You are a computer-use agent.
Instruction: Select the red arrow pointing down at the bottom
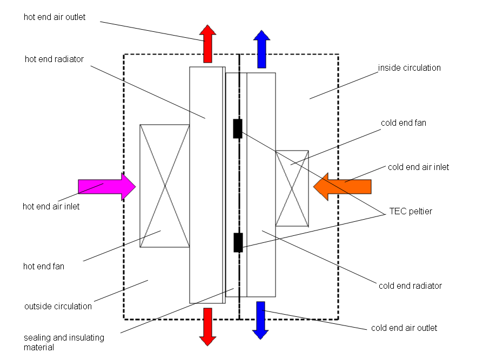coord(207,326)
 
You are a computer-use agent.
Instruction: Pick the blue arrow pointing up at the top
coord(261,49)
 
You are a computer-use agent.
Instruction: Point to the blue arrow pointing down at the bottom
coord(261,320)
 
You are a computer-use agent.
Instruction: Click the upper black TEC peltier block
coord(237,128)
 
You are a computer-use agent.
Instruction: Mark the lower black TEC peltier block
coord(238,242)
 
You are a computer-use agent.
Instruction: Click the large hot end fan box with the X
coord(165,186)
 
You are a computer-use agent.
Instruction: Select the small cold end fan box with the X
coord(292,188)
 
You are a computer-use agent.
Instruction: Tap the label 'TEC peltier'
coord(411,212)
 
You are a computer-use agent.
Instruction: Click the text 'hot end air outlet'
coord(55,17)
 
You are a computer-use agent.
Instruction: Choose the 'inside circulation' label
coord(409,68)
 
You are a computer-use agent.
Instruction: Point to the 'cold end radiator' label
coord(411,286)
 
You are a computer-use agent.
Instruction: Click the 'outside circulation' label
coord(58,307)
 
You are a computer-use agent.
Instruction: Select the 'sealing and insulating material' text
coord(64,343)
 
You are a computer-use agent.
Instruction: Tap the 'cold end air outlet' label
coord(404,328)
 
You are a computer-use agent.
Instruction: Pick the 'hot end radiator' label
coord(55,59)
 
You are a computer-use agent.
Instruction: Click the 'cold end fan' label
coord(403,123)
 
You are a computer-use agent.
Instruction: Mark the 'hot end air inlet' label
coord(51,206)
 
